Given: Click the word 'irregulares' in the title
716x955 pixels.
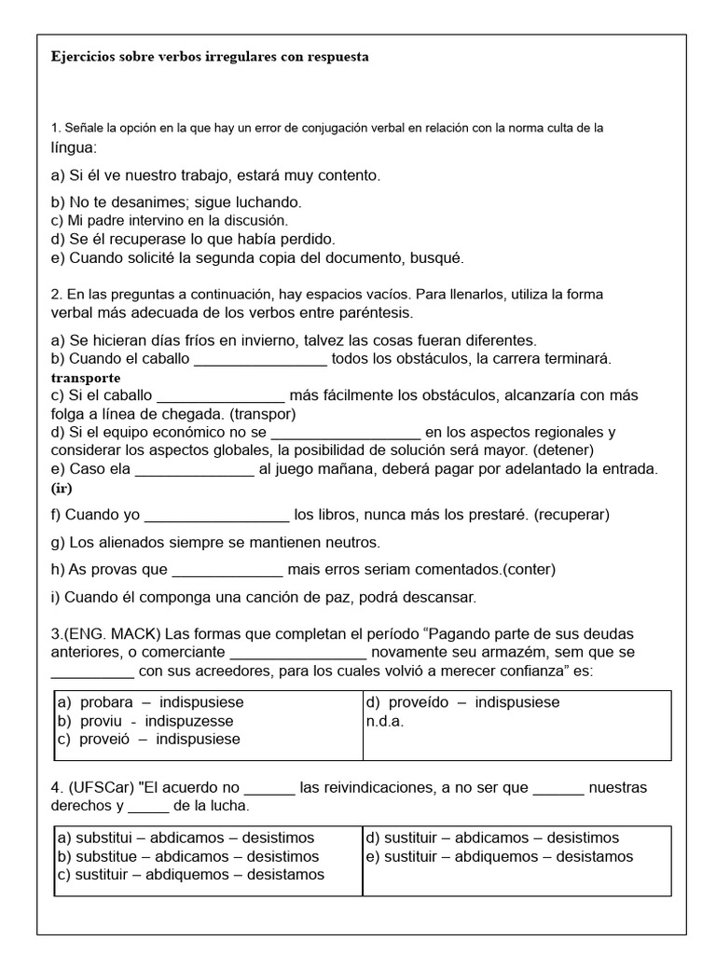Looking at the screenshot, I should pyautogui.click(x=204, y=57).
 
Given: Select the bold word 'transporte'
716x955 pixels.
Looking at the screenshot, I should pyautogui.click(x=85, y=378).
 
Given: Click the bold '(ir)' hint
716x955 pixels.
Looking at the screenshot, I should pyautogui.click(x=62, y=488).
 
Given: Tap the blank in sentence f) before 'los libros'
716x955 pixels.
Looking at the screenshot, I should pyautogui.click(x=218, y=515).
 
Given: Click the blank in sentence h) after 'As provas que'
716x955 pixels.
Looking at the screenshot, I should pyautogui.click(x=227, y=569).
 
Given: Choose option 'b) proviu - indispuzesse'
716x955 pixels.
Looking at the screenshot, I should pyautogui.click(x=145, y=721).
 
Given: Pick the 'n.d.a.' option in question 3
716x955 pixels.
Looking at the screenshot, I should pyautogui.click(x=385, y=721).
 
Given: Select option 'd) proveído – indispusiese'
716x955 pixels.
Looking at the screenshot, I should pyautogui.click(x=463, y=702).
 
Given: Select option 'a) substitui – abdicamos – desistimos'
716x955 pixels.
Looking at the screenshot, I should pyautogui.click(x=186, y=837).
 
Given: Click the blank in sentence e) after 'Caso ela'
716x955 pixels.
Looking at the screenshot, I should pyautogui.click(x=194, y=469).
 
